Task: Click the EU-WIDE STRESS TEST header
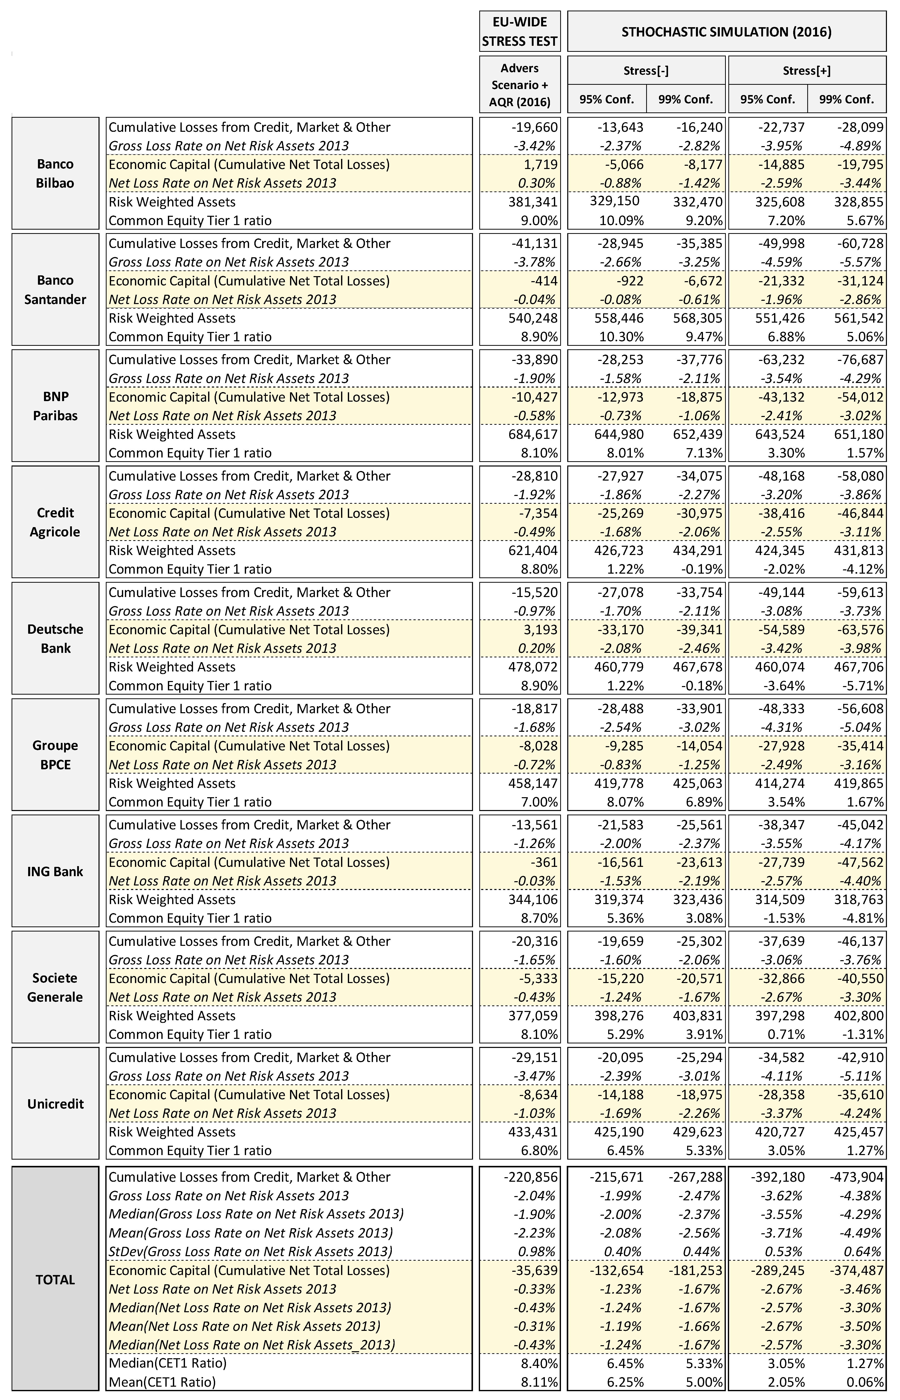point(519,32)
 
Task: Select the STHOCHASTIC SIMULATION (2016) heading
point(726,32)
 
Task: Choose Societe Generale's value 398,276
point(620,1016)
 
